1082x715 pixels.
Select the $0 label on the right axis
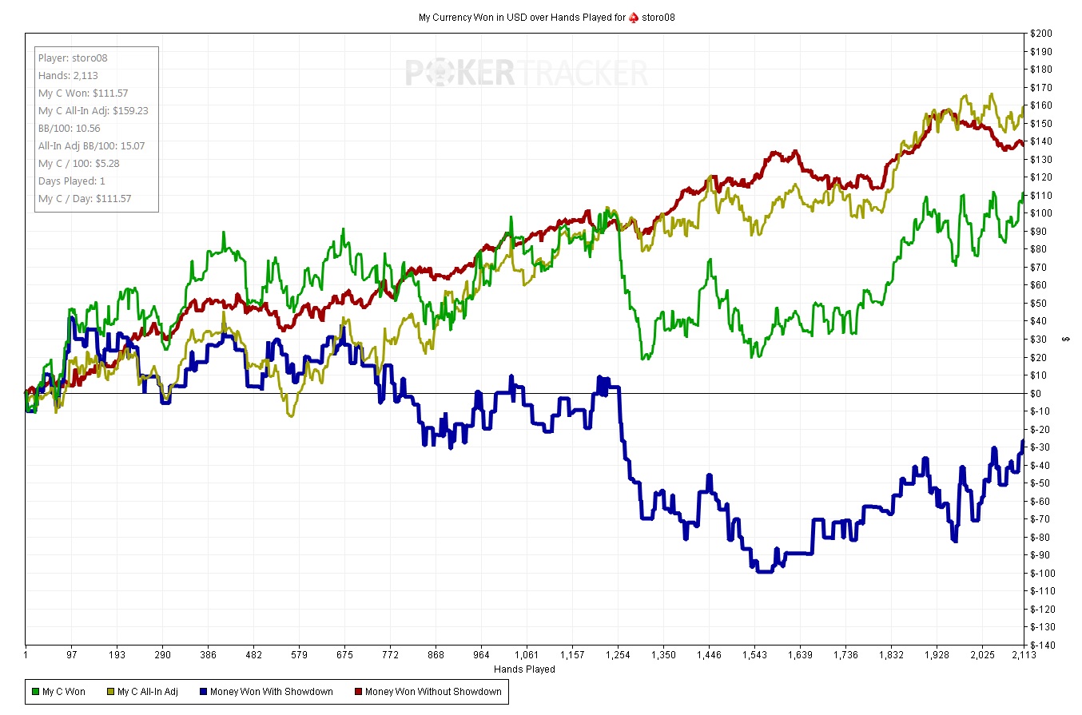tap(1036, 393)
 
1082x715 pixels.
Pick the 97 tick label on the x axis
tap(72, 655)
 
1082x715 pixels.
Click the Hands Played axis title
tap(524, 669)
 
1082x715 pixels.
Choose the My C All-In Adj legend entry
tap(150, 692)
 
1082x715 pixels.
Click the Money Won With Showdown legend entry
tap(265, 692)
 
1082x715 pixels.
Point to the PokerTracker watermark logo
tap(526, 73)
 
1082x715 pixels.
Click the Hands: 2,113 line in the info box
tap(68, 76)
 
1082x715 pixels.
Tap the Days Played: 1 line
tap(72, 181)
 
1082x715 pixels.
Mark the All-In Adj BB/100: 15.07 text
tap(91, 145)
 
